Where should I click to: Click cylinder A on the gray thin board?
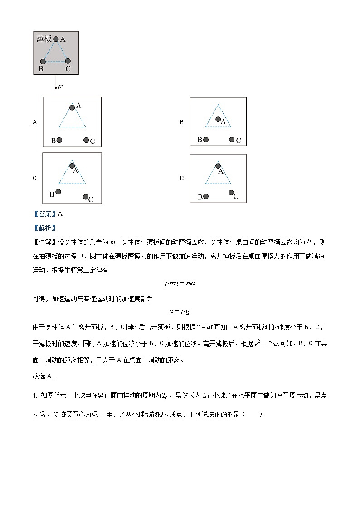click(x=56, y=39)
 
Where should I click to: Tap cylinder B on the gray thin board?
click(x=43, y=61)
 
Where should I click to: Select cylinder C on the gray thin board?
click(x=68, y=61)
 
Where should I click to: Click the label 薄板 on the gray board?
click(x=44, y=39)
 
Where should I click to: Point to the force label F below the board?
click(x=59, y=87)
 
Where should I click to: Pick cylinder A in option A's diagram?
click(x=72, y=107)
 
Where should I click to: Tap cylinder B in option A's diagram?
click(x=59, y=140)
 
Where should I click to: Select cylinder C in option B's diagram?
click(x=232, y=140)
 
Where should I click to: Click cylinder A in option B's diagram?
click(x=218, y=120)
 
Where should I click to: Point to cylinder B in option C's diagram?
click(x=58, y=192)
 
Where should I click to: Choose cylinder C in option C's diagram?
click(x=85, y=197)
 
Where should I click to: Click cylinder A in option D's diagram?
click(x=218, y=166)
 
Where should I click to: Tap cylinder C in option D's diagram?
click(x=231, y=193)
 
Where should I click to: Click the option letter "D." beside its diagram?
click(x=182, y=179)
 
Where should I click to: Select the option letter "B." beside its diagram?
click(x=182, y=122)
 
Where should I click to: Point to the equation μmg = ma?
click(x=180, y=284)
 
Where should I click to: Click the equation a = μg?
click(x=180, y=311)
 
